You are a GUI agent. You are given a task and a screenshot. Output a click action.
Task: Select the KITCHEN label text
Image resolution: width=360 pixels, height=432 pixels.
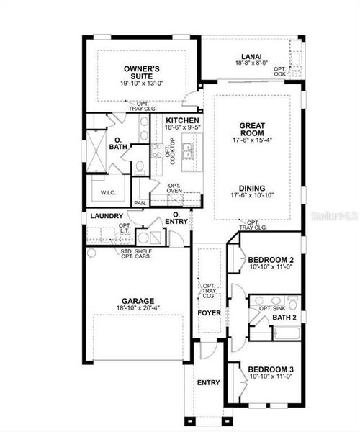(x=182, y=120)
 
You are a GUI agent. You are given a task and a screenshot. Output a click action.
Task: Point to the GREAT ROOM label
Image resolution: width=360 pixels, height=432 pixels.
(x=252, y=129)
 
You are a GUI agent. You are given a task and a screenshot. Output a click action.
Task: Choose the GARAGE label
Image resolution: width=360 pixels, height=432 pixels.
(x=138, y=301)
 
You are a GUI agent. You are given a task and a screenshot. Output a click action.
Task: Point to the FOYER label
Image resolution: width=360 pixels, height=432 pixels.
(x=209, y=313)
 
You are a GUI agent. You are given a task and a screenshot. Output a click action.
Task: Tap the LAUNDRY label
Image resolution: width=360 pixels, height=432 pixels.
(x=106, y=215)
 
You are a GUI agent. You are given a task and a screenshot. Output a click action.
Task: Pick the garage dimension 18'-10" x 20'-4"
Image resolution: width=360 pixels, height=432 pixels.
(x=138, y=310)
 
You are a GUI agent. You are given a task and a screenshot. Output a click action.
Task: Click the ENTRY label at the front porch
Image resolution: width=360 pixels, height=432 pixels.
(x=208, y=382)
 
